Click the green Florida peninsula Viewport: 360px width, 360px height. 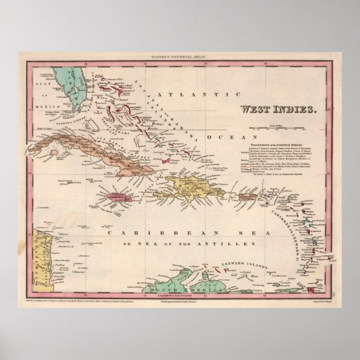tap(73, 89)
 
